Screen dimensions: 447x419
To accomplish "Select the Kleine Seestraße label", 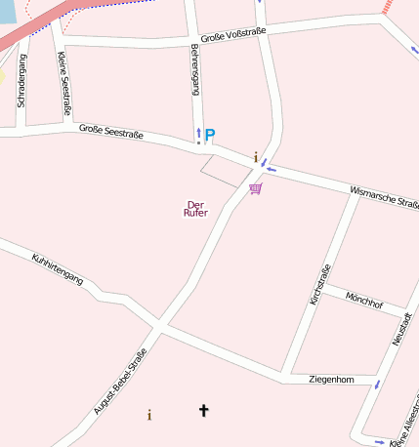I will click(x=64, y=83).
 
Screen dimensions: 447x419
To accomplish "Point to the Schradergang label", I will click(x=21, y=80).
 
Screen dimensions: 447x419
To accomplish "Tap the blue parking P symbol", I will click(x=209, y=135).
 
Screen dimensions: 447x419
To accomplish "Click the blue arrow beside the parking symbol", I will click(x=198, y=133).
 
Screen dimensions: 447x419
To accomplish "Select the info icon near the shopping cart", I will click(x=256, y=157).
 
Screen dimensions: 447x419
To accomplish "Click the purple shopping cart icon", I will click(x=255, y=187).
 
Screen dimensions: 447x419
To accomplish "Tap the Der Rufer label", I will click(x=196, y=209).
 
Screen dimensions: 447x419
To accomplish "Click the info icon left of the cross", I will click(x=149, y=415).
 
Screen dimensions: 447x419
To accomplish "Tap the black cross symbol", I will click(x=204, y=411).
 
